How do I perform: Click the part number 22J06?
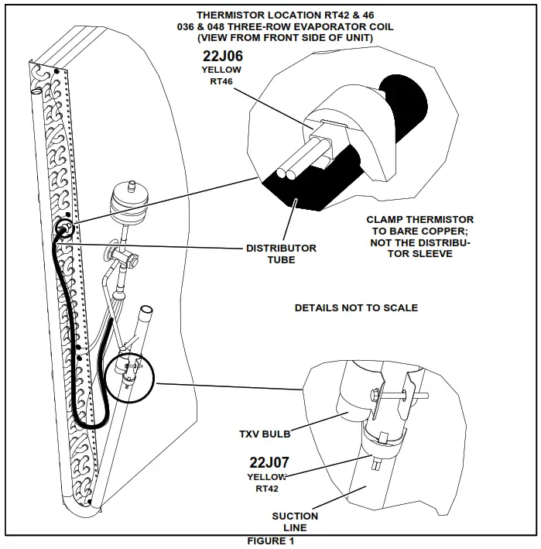point(221,56)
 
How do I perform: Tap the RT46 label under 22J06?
point(221,82)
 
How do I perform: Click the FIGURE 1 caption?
point(271,541)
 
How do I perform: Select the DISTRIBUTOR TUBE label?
point(281,254)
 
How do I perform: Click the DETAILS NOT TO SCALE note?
point(356,308)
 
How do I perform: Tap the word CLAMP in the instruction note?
point(384,220)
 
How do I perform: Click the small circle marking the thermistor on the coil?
point(64,228)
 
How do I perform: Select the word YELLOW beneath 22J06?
point(221,70)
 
